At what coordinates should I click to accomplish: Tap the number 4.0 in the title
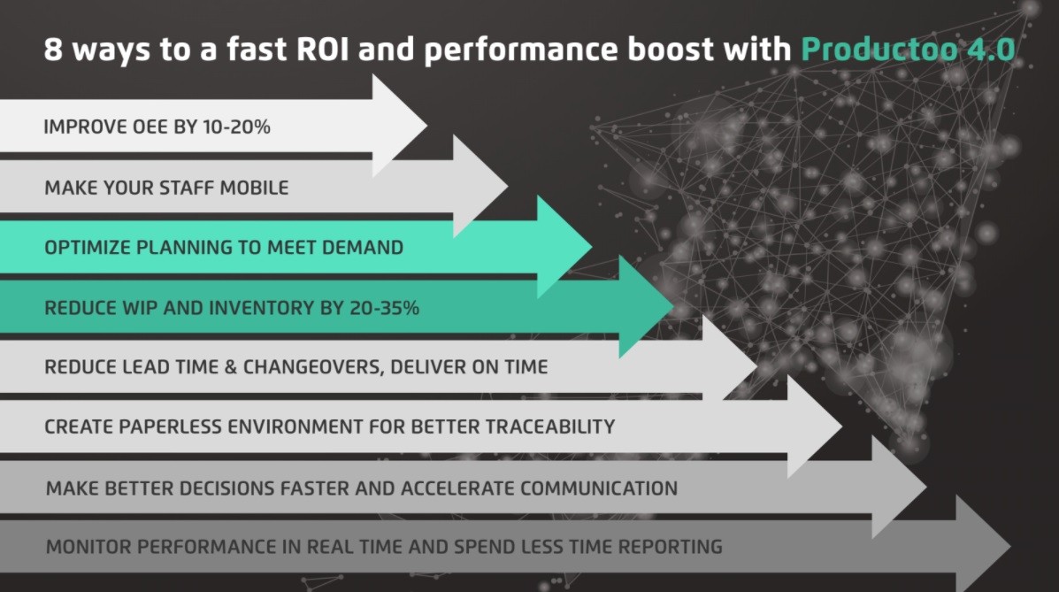pos(988,49)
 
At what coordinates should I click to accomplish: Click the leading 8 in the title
pos(53,49)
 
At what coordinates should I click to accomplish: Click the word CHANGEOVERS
pos(305,366)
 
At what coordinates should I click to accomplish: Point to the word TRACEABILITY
pos(549,427)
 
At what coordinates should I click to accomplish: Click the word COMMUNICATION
pos(599,488)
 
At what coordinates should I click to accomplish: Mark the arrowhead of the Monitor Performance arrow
pos(982,546)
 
